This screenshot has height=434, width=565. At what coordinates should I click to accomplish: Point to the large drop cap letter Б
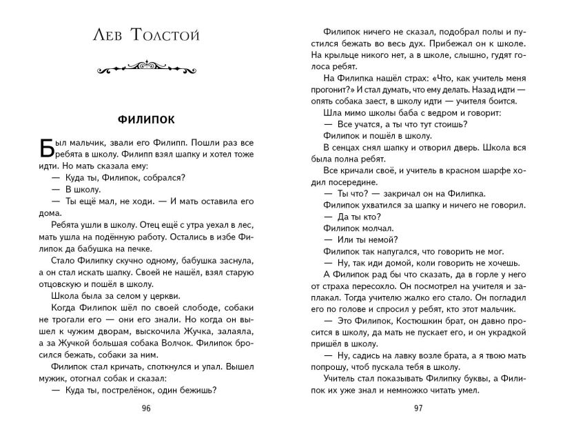tap(41, 150)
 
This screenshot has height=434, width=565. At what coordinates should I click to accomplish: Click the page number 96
tap(145, 408)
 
